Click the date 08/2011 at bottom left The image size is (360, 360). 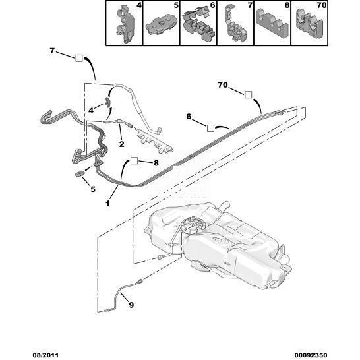tap(45, 355)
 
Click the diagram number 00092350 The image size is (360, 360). tap(311, 355)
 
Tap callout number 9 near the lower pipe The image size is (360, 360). tap(131, 305)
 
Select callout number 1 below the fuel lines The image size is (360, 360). tap(107, 203)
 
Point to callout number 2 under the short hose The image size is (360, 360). tap(122, 144)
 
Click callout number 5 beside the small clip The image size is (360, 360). tap(93, 189)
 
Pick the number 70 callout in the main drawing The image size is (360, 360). tap(223, 85)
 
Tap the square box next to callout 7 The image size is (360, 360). tap(78, 58)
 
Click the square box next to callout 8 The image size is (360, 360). tap(134, 161)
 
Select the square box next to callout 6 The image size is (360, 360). tap(210, 128)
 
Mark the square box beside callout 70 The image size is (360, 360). tap(248, 94)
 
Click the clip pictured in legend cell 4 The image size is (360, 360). tap(125, 24)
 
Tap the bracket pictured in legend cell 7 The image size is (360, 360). tap(234, 25)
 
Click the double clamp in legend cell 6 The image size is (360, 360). tap(199, 25)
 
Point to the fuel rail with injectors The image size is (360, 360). tap(154, 142)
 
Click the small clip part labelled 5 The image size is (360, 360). tap(79, 175)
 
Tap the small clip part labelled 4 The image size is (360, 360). tap(107, 102)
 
